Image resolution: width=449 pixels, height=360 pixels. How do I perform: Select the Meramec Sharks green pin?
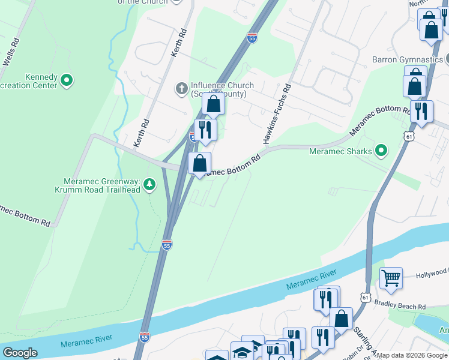coord(381,151)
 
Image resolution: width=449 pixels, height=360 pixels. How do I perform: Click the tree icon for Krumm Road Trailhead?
coord(150,184)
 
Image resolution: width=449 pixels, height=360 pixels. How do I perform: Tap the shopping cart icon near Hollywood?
coord(391,278)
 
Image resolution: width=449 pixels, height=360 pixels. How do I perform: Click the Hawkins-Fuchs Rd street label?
coord(277,114)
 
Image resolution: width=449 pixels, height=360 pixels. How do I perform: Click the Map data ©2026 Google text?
coord(411,355)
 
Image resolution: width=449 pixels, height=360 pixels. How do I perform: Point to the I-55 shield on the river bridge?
coord(144,338)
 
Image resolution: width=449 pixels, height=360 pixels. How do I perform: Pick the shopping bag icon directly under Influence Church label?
coord(213,104)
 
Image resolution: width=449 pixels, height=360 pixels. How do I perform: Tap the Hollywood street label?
coord(432,275)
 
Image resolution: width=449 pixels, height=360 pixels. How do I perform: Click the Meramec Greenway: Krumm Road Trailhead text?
coord(102,185)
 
